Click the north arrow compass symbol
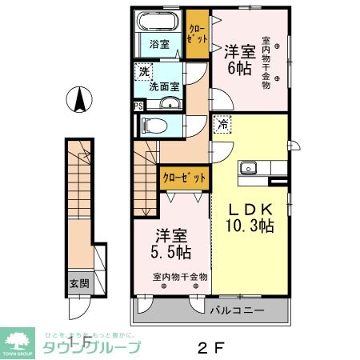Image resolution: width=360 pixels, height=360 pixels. pos(79,102)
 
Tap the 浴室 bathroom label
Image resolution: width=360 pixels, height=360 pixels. pos(159,44)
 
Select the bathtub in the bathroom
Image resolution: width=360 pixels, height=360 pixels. pos(159,22)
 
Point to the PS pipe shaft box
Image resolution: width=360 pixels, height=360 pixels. pos(138,106)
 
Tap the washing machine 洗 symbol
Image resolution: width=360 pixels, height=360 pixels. pos(144,70)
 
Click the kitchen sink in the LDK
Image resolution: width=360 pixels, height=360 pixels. pos(249,168)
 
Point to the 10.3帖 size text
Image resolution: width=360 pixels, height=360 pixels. pos(249,226)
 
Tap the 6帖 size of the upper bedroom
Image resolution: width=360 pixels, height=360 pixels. pos(239,69)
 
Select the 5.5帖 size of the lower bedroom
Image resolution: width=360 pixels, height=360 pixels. pos(172,253)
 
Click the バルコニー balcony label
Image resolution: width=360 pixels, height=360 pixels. pos(237,306)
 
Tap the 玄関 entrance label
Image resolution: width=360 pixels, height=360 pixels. pos(78,283)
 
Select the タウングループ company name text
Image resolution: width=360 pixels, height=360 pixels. pos(90,346)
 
